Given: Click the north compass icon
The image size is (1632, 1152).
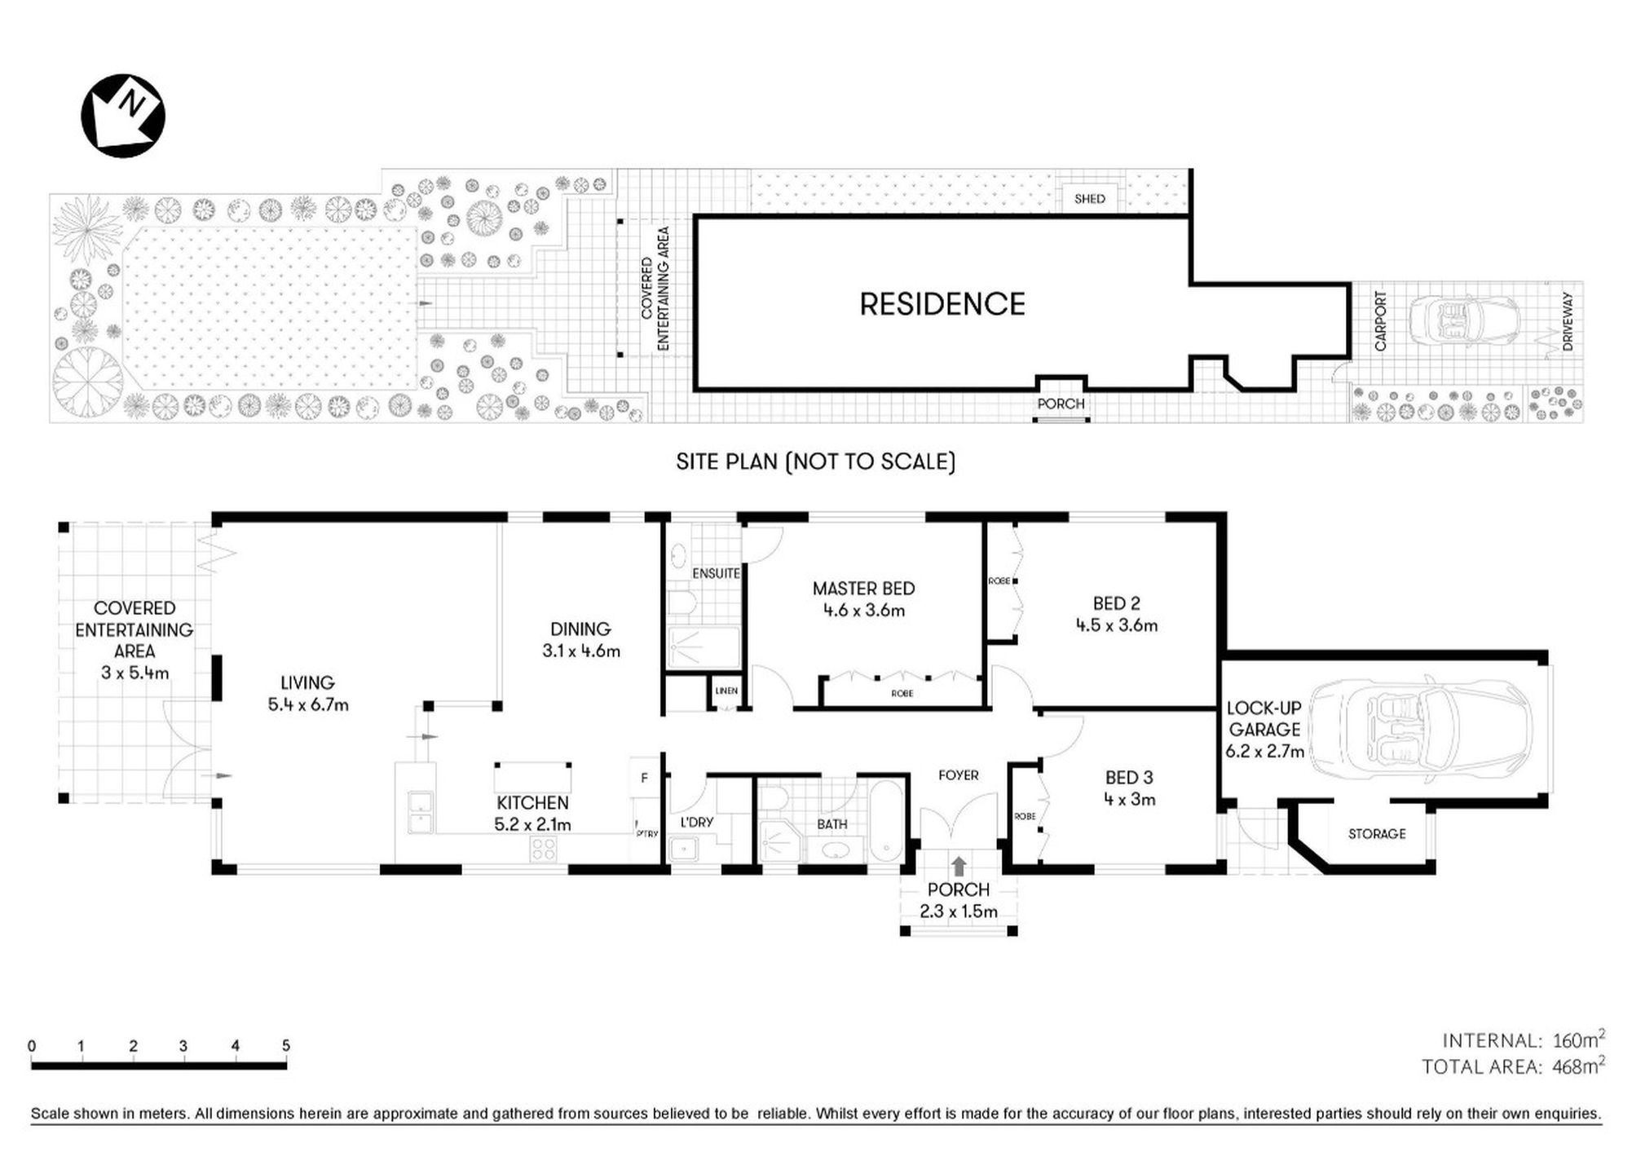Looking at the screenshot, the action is coord(123,116).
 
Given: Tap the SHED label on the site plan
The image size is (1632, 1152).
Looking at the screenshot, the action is coord(1089,199).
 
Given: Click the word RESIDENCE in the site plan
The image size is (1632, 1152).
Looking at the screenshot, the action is coord(942,304).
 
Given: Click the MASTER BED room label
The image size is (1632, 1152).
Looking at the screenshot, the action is coord(863,589).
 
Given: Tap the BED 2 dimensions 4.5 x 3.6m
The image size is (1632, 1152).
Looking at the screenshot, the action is coord(1116,625).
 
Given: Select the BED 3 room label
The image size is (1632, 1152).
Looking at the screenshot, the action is coord(1129,778).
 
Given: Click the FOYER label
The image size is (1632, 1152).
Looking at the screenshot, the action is coord(958,775).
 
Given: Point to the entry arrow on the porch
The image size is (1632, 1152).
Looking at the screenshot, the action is coord(959,866).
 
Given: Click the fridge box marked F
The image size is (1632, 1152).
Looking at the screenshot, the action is coord(644,779).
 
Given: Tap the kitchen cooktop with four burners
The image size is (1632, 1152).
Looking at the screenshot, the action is coord(543,849).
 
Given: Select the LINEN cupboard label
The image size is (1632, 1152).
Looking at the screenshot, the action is coord(726,691).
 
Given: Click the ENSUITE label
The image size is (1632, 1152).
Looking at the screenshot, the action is coord(716,573).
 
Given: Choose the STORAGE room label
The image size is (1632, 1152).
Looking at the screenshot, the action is coord(1377,834).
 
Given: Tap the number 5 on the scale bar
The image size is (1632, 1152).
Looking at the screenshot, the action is coord(285,1045).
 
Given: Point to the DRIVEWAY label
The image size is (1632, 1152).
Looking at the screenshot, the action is coord(1568,322).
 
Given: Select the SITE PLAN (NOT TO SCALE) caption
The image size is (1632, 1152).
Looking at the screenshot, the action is coord(815,461).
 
